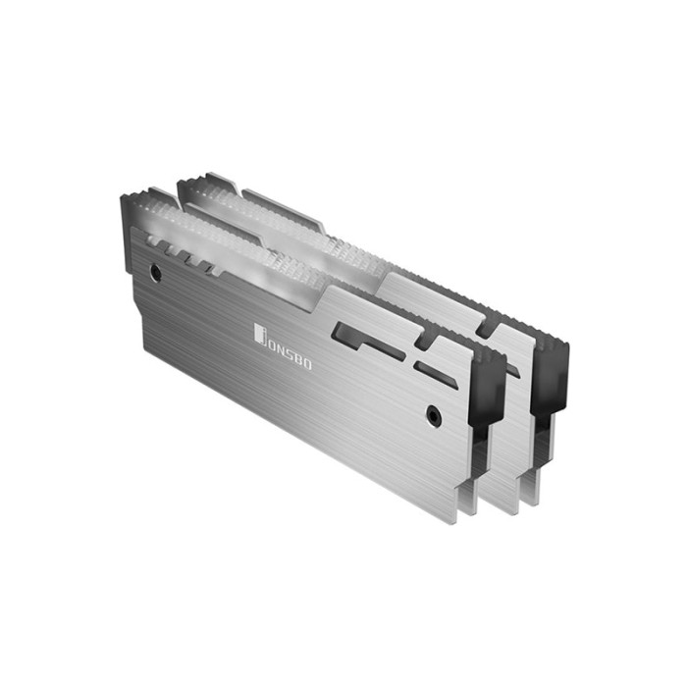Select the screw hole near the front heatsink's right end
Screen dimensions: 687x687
click(x=433, y=416)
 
